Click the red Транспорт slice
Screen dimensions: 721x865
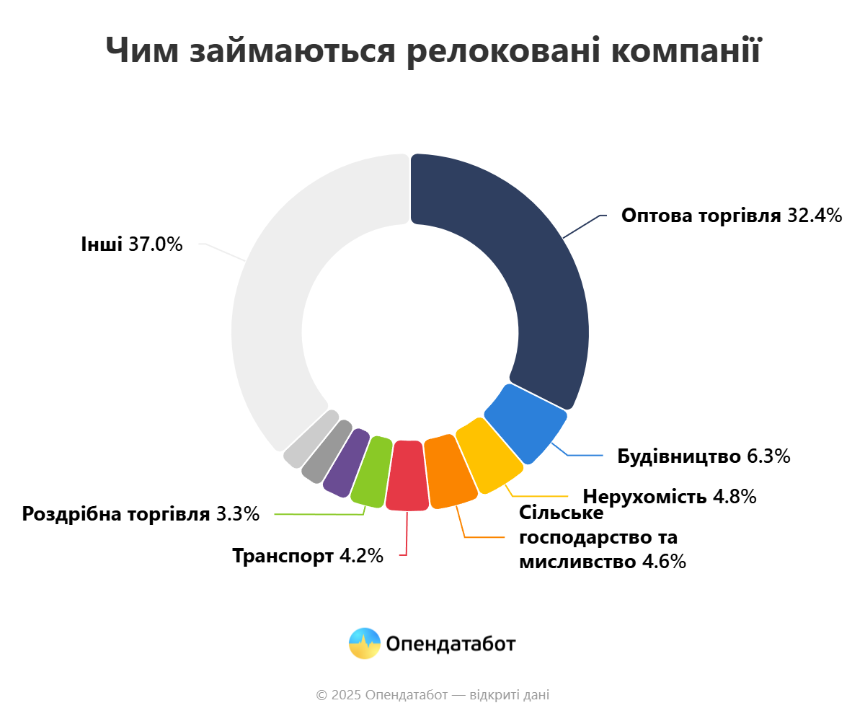(x=407, y=477)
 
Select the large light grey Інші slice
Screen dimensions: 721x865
(x=288, y=288)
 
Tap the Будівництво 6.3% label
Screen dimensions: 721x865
(x=704, y=456)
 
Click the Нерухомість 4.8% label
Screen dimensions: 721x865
(x=669, y=497)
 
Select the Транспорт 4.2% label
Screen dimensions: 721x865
(x=307, y=556)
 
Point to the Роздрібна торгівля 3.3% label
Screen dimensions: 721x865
(x=140, y=514)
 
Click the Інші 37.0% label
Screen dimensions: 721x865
(x=132, y=244)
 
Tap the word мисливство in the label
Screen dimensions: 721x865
(x=577, y=562)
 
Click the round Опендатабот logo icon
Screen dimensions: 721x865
(x=364, y=643)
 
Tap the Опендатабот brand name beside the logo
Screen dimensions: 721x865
(x=451, y=643)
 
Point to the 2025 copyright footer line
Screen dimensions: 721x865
(x=432, y=695)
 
